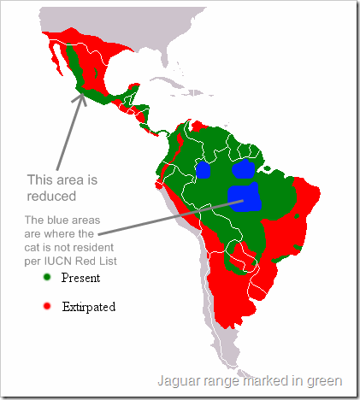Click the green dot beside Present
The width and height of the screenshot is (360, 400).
click(x=48, y=277)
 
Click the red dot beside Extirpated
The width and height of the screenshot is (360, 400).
click(x=48, y=305)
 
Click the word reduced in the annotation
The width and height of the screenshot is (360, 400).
click(x=54, y=195)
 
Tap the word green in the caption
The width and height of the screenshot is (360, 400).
click(x=326, y=381)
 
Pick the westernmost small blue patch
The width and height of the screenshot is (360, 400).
click(x=204, y=169)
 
